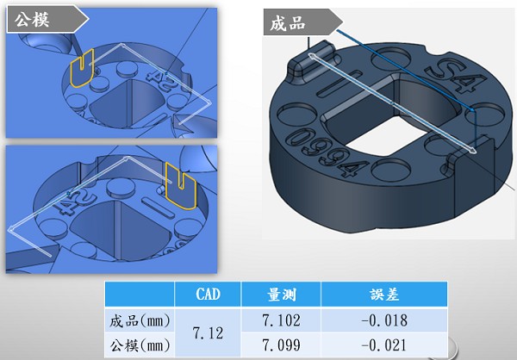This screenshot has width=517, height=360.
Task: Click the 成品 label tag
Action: click(x=287, y=24)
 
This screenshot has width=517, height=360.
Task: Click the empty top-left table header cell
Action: click(x=139, y=295)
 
